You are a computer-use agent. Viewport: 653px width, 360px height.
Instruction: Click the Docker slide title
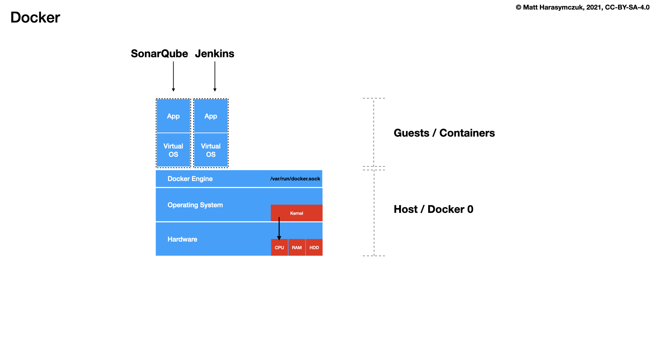[35, 18]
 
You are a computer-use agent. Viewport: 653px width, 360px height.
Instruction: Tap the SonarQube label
[159, 54]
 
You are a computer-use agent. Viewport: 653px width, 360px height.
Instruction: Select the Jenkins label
[215, 54]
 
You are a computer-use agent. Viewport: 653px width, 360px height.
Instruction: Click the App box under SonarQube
[173, 116]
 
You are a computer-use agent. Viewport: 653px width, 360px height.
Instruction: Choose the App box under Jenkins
[211, 116]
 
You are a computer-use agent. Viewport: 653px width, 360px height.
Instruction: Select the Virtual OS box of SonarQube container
[173, 150]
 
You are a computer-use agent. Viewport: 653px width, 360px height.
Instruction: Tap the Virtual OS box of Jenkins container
[211, 150]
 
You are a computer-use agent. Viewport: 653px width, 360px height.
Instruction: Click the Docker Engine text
[190, 179]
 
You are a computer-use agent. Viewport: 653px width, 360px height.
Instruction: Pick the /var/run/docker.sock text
[295, 179]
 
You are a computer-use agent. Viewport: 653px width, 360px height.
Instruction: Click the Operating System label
[195, 205]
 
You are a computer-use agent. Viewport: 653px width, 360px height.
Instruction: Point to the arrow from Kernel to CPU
[279, 229]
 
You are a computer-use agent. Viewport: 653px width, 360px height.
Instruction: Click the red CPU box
[279, 248]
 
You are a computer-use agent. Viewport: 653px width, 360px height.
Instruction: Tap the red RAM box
[297, 248]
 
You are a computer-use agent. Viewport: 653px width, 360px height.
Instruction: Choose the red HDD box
[314, 248]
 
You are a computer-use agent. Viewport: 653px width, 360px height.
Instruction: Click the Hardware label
[182, 239]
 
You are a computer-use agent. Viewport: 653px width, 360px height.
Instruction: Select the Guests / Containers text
[444, 133]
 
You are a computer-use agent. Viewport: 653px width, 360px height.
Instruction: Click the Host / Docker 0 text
[433, 209]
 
